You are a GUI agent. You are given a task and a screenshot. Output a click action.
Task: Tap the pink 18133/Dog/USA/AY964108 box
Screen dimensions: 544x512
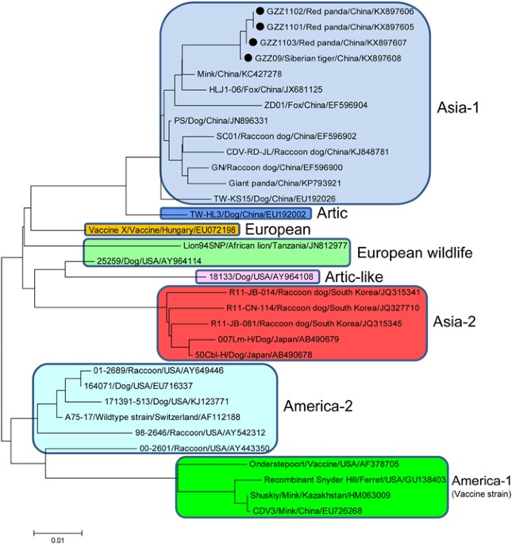coord(257,277)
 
